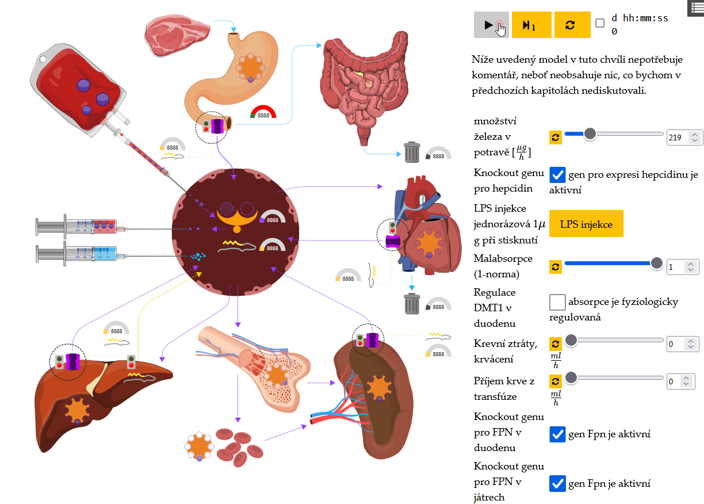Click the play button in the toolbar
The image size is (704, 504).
[491, 25]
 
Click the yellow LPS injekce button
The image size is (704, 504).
[586, 224]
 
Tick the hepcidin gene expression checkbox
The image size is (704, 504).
[557, 175]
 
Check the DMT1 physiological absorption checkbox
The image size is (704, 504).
[557, 301]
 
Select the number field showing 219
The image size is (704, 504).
[678, 138]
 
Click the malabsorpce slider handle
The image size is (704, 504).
[656, 264]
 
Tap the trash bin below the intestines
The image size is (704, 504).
[411, 152]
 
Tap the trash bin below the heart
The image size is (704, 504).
[412, 303]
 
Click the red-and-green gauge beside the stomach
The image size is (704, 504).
[263, 112]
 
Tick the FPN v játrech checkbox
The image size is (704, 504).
[557, 483]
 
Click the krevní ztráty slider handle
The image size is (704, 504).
[571, 341]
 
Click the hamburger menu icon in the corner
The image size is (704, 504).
[695, 7]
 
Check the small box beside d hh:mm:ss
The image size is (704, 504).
[600, 23]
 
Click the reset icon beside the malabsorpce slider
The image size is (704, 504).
[556, 266]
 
